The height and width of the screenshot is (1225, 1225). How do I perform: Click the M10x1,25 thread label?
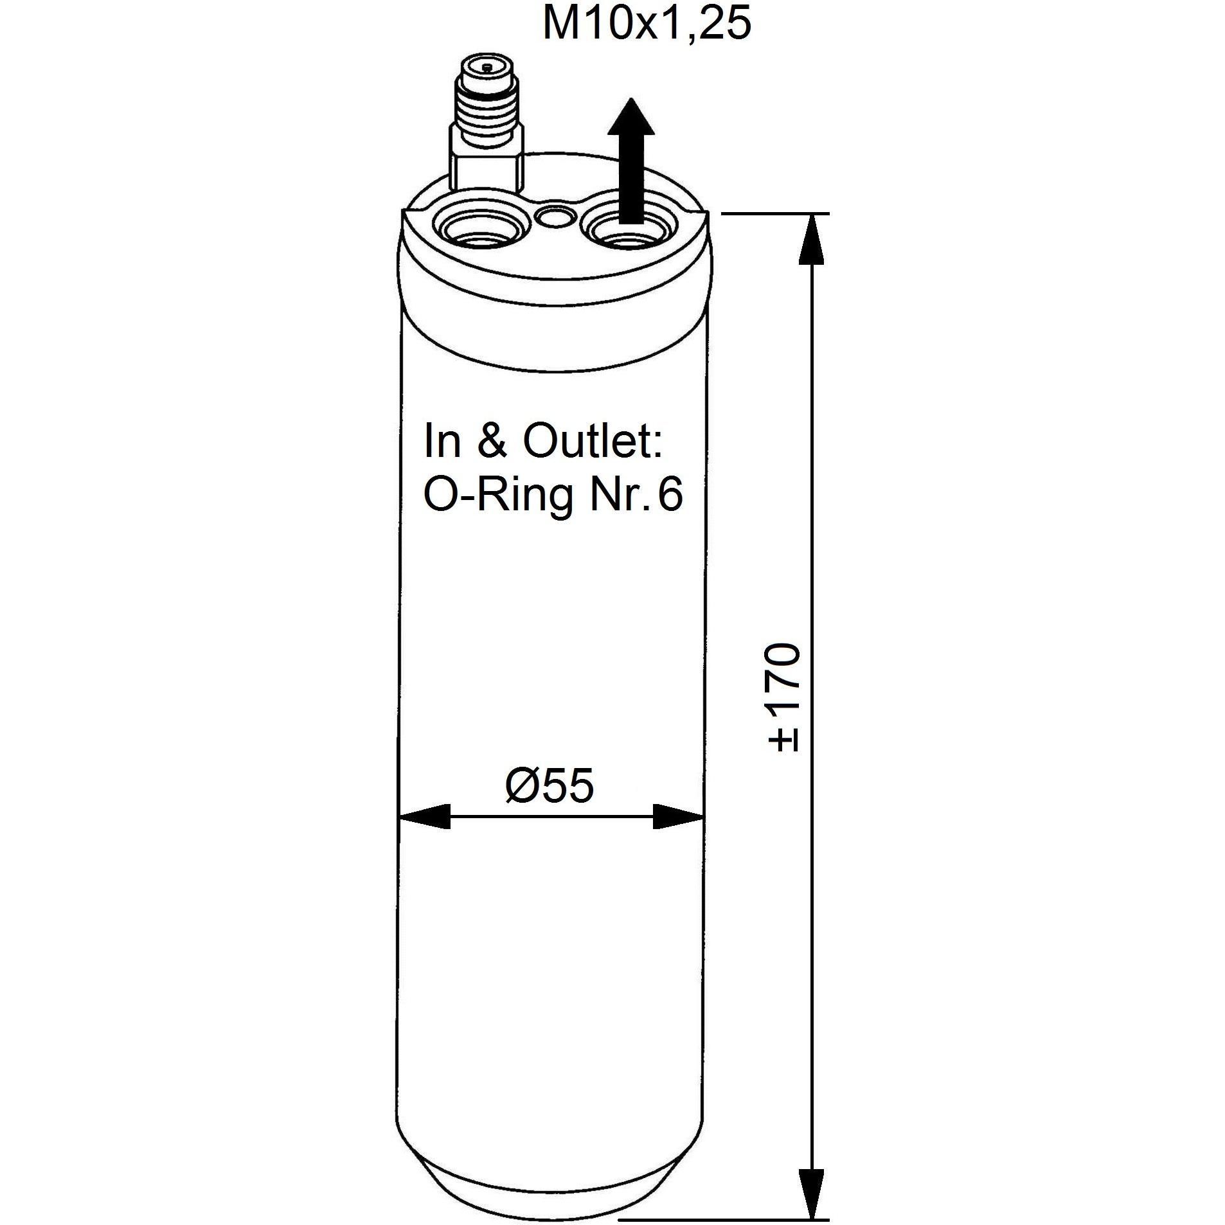click(647, 24)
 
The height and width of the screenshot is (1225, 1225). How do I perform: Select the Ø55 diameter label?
click(550, 785)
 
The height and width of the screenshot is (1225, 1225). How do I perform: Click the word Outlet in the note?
click(592, 441)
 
